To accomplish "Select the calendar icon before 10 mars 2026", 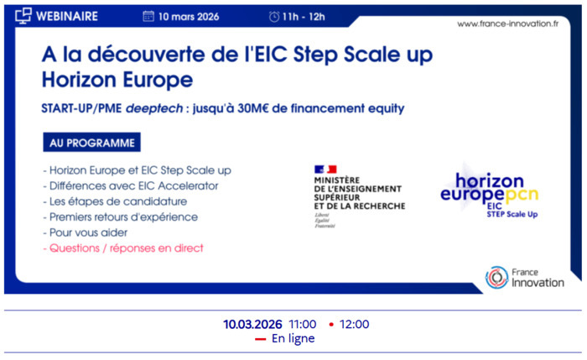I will (148, 16).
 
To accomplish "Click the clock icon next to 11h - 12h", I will (274, 16).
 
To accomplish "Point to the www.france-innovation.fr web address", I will (507, 23).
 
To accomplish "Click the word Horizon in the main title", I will (81, 81).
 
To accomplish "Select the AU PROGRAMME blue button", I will (91, 143).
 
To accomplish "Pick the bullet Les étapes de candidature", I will (115, 201).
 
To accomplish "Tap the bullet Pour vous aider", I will (86, 232).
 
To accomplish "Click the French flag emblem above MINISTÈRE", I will (325, 170).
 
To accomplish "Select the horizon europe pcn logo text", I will (490, 187).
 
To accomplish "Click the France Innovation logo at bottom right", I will (524, 278).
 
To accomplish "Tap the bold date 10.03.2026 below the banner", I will (252, 324).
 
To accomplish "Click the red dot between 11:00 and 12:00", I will (331, 324).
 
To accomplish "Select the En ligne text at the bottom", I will (293, 338).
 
